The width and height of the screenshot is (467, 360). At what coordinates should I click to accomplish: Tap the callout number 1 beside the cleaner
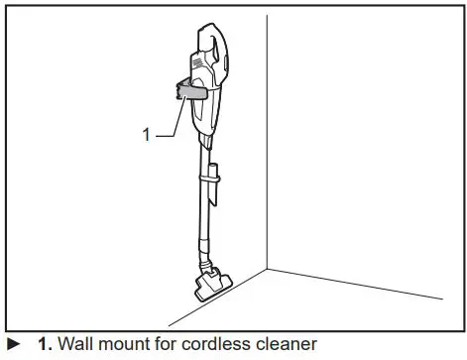pyautogui.click(x=147, y=132)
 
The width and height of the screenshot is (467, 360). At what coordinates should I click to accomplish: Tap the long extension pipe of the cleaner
pyautogui.click(x=205, y=208)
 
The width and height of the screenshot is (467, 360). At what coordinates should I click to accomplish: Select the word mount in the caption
pyautogui.click(x=130, y=345)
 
